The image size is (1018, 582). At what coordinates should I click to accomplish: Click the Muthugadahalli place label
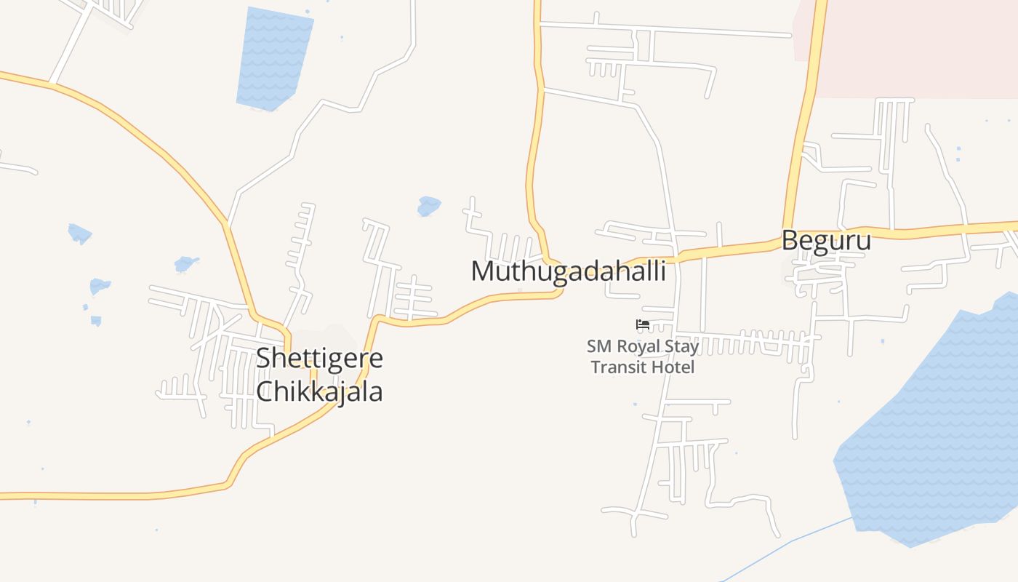pyautogui.click(x=568, y=271)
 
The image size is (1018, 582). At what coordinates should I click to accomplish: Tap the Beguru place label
pyautogui.click(x=826, y=240)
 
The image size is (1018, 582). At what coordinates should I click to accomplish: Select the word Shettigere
pyautogui.click(x=319, y=359)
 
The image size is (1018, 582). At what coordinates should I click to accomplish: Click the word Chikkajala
pyautogui.click(x=319, y=391)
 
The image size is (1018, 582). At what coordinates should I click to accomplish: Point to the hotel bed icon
pyautogui.click(x=642, y=324)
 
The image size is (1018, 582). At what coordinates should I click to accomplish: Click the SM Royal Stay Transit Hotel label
pyautogui.click(x=643, y=356)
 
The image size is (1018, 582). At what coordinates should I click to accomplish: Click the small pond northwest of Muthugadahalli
pyautogui.click(x=428, y=206)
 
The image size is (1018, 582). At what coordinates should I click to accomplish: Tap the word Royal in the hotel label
pyautogui.click(x=637, y=346)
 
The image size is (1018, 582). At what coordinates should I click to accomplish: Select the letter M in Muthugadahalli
pyautogui.click(x=483, y=271)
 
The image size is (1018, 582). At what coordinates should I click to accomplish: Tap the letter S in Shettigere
pyautogui.click(x=264, y=359)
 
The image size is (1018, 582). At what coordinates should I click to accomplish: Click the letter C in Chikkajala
pyautogui.click(x=265, y=391)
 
